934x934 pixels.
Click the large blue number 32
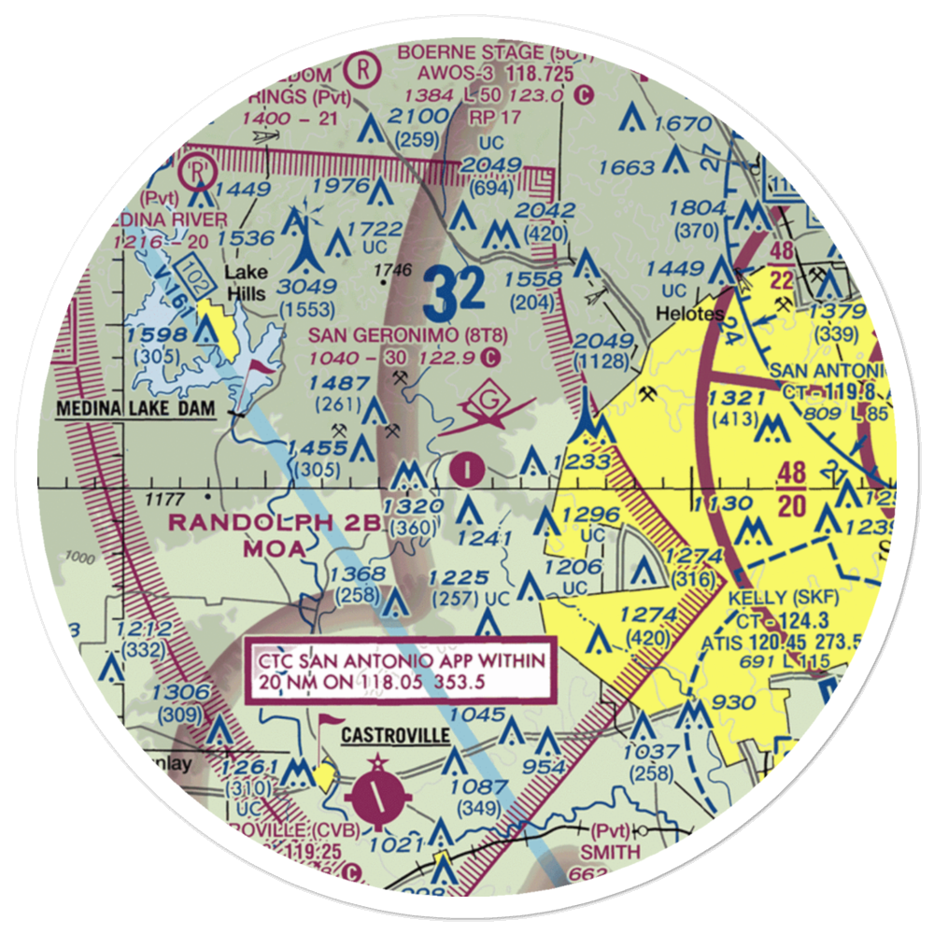click(452, 293)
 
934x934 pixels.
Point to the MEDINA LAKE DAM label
click(136, 409)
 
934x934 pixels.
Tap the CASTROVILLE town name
click(394, 736)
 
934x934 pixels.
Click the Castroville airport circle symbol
click(376, 797)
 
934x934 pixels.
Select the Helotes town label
click(689, 314)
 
